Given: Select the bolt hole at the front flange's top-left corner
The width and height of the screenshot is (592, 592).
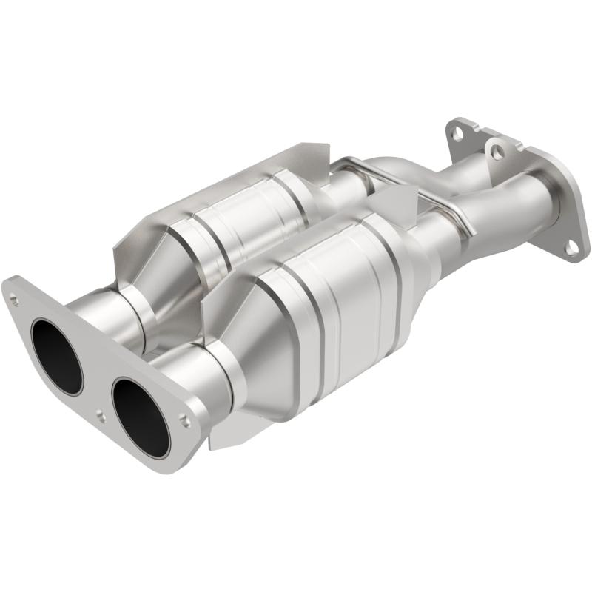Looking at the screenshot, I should coord(13,297).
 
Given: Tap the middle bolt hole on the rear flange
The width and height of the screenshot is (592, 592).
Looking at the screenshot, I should coord(498,152).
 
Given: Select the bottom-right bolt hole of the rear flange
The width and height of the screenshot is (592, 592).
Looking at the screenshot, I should coord(571,248).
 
